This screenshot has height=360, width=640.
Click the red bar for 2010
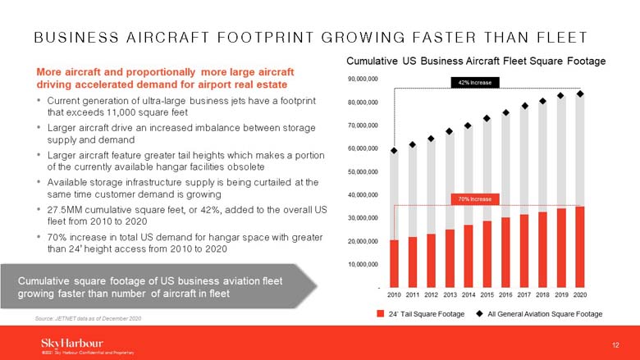[394, 263]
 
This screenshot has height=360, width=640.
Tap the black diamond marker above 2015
[487, 118]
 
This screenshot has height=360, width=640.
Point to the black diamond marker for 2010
[394, 151]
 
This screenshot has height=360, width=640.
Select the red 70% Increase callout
[470, 199]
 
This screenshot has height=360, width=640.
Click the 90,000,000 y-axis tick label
[363, 79]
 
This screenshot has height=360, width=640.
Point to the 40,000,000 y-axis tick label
[363, 195]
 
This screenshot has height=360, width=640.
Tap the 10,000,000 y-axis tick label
[363, 264]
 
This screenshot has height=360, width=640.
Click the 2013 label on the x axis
[450, 294]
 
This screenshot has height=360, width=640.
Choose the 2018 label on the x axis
[542, 294]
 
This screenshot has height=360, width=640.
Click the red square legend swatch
[380, 314]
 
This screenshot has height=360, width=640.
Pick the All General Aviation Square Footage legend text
[544, 314]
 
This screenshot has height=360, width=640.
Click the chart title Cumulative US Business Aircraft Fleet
[476, 62]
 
